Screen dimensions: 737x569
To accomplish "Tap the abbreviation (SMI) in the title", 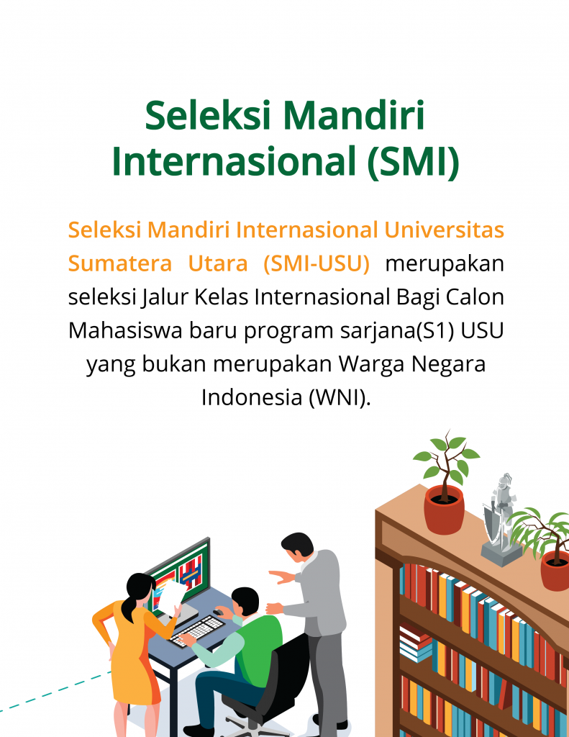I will click(411, 162).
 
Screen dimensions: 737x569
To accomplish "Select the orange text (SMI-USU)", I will click(316, 264).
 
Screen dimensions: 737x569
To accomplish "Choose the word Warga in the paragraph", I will click(368, 363).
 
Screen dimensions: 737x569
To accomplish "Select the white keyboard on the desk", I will click(199, 630).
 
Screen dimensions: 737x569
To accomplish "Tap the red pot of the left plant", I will click(444, 509).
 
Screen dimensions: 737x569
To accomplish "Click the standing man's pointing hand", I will click(278, 576).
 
